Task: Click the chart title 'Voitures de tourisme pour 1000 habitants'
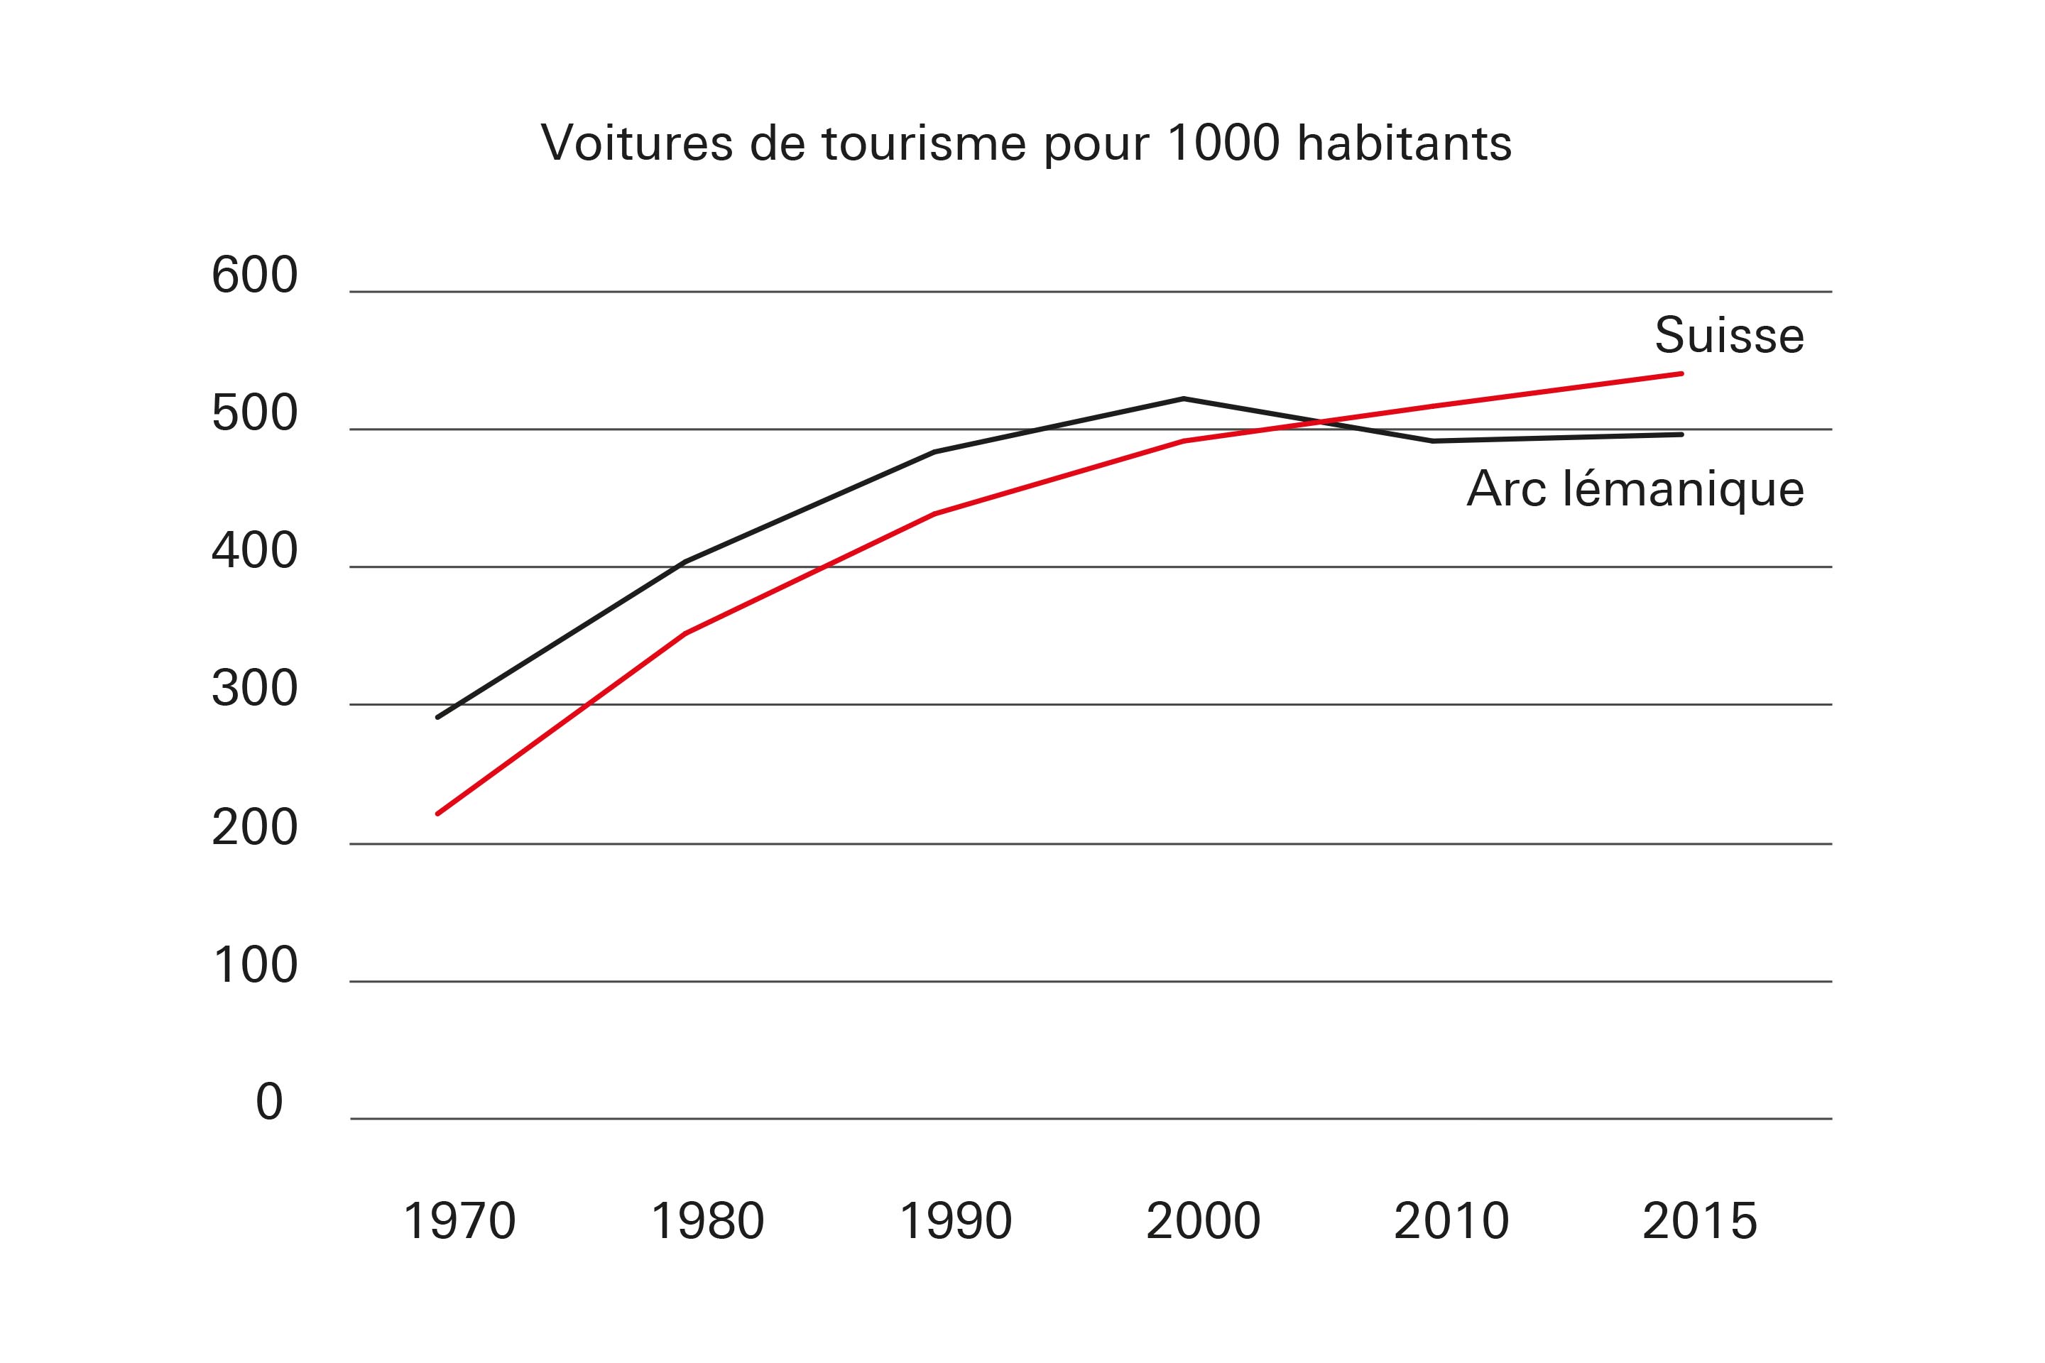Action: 1026,143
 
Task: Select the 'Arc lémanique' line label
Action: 1635,488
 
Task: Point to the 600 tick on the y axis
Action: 255,275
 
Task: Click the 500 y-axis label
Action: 255,414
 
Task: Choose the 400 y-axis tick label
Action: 255,551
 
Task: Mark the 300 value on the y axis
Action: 255,689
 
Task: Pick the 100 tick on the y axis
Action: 255,965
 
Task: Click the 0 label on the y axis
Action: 270,1102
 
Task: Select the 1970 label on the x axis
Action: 459,1221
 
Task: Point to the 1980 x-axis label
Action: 707,1221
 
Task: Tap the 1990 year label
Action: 956,1221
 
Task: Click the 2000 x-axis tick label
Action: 1204,1221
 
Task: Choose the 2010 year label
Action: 1451,1221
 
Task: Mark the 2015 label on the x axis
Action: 1700,1221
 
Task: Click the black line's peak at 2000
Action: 1184,399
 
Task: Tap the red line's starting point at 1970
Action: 437,814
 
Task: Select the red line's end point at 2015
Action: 1681,374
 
